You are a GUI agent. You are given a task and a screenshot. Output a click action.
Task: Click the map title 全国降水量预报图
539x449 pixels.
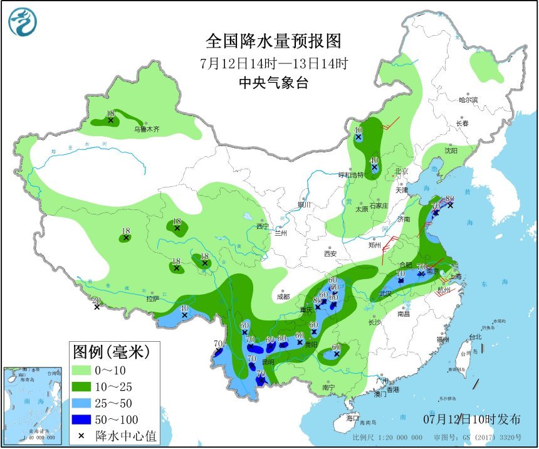click(274, 41)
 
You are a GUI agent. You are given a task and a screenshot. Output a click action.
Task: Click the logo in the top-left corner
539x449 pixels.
click(23, 22)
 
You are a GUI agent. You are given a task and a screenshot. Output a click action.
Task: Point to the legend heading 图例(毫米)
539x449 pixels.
click(111, 352)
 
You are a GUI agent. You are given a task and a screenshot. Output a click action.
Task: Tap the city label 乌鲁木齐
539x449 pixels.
click(147, 130)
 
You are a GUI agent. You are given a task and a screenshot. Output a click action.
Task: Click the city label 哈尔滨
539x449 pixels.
click(468, 100)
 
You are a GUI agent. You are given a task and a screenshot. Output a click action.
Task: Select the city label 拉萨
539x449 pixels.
click(153, 299)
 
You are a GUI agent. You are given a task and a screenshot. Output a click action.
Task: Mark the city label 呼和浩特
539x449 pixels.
click(351, 175)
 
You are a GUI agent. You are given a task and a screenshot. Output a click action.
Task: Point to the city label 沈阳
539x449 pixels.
click(451, 151)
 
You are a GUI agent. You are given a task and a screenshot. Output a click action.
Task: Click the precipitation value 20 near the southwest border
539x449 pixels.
click(96, 300)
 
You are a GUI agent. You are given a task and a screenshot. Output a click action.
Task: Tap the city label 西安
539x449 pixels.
click(330, 253)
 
